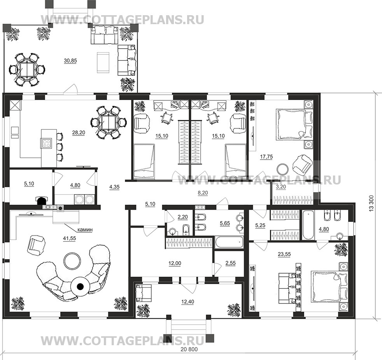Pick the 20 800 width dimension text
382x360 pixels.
point(189,349)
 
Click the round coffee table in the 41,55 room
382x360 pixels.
point(72,261)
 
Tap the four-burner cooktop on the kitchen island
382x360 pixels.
point(46,143)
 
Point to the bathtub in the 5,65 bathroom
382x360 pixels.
point(229,242)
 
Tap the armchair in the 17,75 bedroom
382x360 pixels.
point(302,165)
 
